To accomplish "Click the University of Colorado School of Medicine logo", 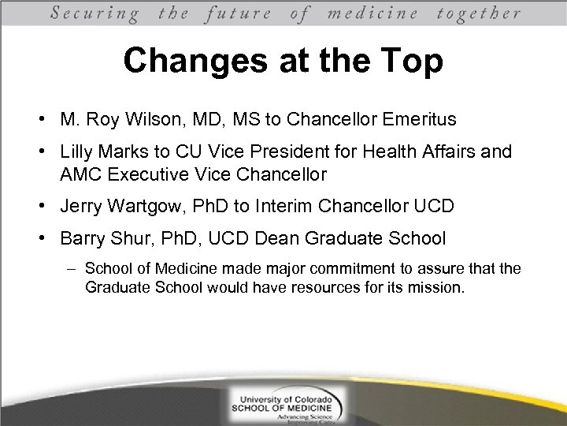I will click(283, 405).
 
